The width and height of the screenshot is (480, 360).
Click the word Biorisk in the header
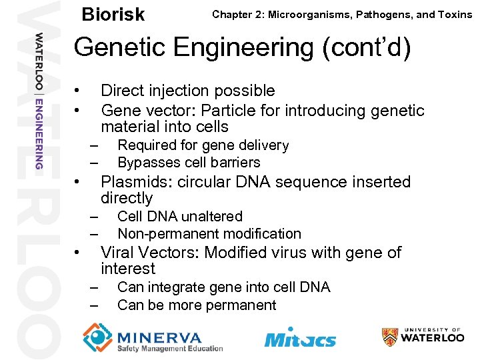tap(113, 14)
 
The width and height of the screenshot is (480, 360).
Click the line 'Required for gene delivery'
tap(203, 145)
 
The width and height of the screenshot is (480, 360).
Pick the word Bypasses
tap(145, 163)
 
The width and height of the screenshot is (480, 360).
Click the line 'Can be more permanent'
tap(196, 305)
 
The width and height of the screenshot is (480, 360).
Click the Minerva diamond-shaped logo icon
tap(97, 337)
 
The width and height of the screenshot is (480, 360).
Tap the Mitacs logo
tap(300, 338)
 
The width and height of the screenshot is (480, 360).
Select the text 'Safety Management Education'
tap(169, 348)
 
